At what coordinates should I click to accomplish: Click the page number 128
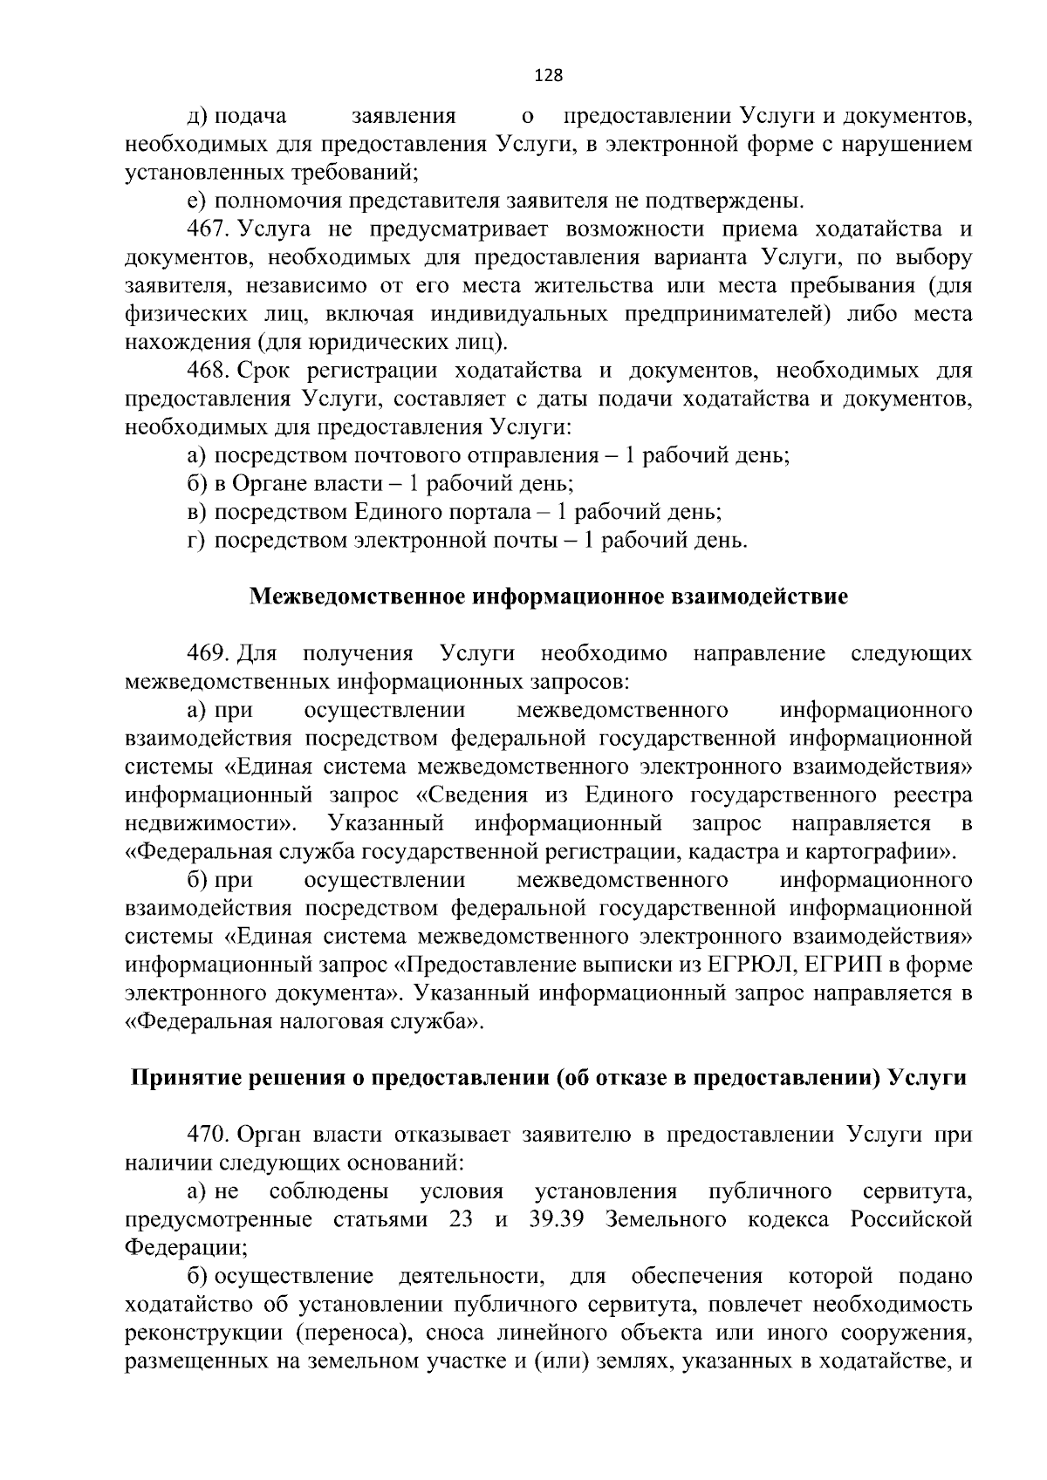548,76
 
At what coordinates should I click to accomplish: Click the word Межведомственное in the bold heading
358,597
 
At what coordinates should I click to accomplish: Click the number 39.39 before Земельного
557,1219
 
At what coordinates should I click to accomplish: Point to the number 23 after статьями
461,1219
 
